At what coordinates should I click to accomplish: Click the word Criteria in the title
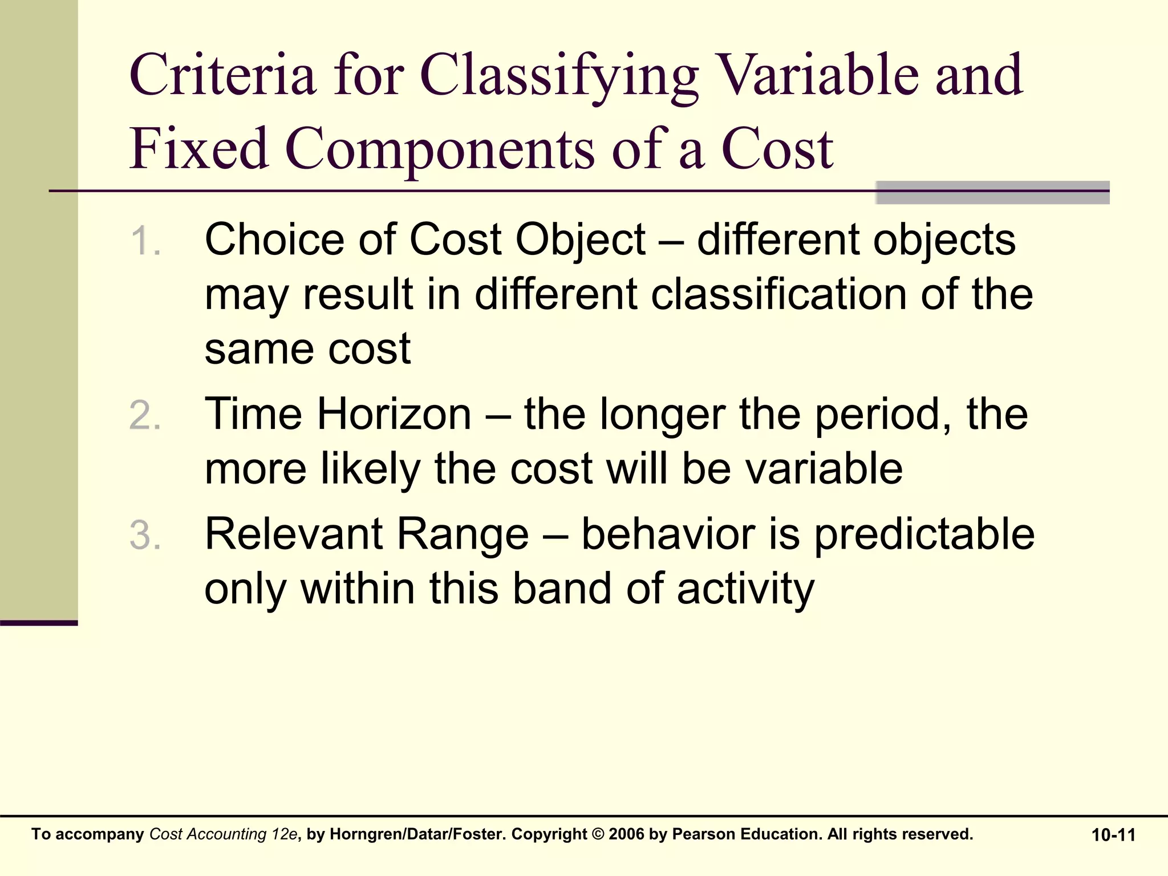click(222, 75)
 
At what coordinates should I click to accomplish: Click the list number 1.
click(144, 241)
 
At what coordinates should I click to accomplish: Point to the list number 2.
click(144, 415)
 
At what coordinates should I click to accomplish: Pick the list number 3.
click(144, 536)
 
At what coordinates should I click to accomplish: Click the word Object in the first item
click(580, 240)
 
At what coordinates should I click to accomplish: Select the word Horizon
click(394, 414)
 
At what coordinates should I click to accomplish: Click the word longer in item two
click(662, 415)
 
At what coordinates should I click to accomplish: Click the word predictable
click(924, 534)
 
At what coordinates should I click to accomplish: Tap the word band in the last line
click(561, 589)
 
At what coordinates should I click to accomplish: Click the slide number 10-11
click(1113, 835)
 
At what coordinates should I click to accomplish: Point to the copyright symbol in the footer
click(598, 834)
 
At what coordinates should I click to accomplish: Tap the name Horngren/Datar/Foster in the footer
click(417, 834)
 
